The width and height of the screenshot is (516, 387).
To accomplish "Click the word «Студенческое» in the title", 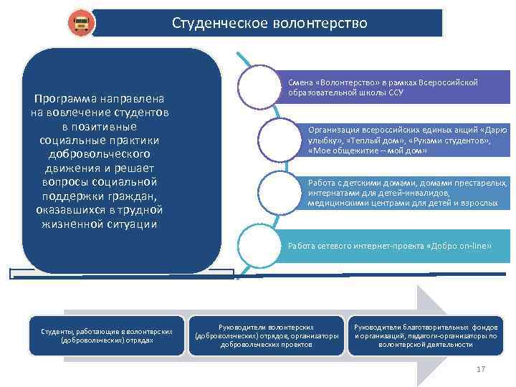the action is click(219, 23).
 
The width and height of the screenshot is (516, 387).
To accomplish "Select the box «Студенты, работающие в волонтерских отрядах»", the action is click(105, 335).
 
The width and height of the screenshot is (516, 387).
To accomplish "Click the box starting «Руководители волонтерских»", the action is click(266, 335).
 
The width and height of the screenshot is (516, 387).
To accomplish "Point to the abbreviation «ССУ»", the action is click(396, 92).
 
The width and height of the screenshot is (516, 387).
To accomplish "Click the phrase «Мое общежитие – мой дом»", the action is click(367, 151).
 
